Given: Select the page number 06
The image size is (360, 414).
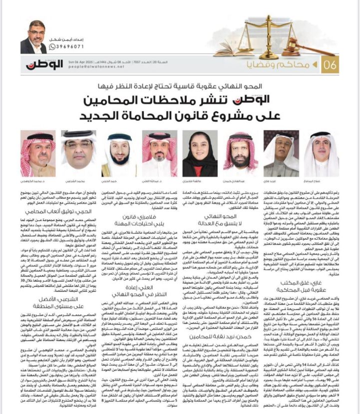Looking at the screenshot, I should [x=332, y=64].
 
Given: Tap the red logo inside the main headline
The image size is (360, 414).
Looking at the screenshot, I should [x=272, y=99].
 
